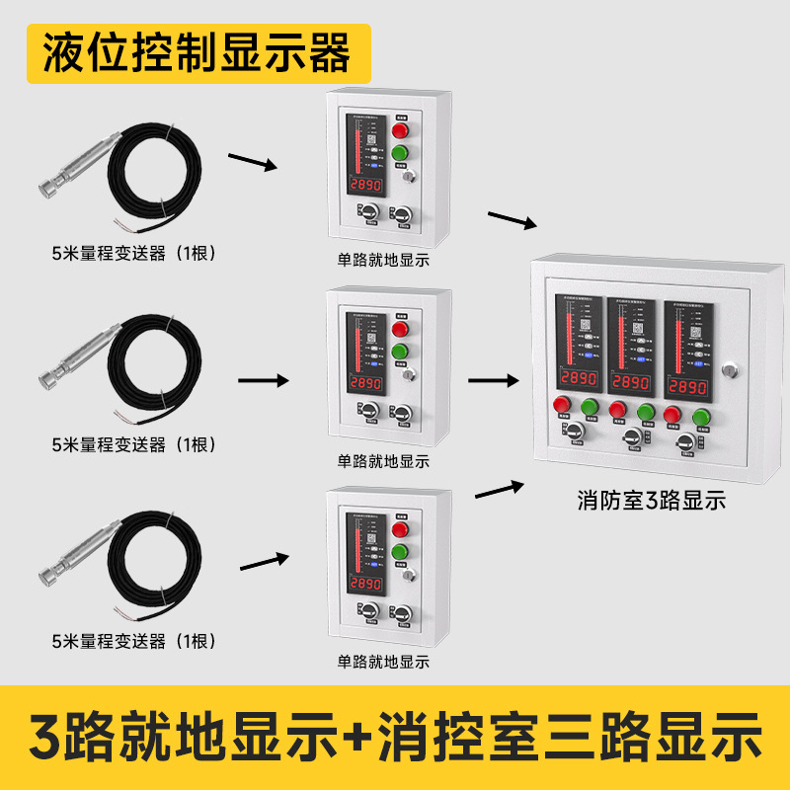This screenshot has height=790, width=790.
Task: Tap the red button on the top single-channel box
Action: (x=401, y=130)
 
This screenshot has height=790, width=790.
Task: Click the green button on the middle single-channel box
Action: (x=401, y=351)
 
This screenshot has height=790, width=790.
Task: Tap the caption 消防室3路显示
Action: (x=652, y=501)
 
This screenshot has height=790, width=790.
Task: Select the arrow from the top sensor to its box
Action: (x=253, y=161)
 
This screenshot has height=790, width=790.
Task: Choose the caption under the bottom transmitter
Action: (x=133, y=641)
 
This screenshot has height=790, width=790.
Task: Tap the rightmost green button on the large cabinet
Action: (x=702, y=416)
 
